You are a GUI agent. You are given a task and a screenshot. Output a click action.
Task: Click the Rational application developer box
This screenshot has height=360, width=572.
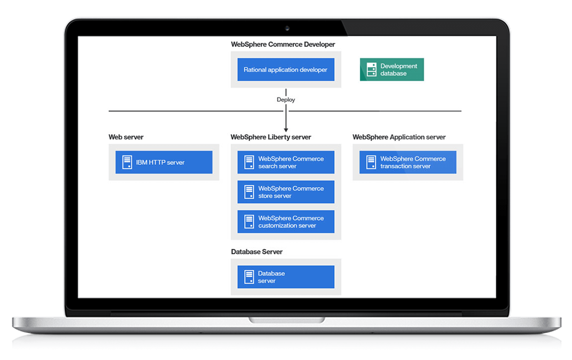pos(286,70)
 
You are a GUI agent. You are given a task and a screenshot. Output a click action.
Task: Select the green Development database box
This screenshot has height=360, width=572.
pos(392,70)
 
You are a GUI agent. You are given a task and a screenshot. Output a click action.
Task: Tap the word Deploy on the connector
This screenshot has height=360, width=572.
pos(286,99)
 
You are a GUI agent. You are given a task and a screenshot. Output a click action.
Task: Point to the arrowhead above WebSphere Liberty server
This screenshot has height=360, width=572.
pos(286,130)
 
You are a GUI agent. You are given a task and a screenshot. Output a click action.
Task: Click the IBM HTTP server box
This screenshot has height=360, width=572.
pos(164,162)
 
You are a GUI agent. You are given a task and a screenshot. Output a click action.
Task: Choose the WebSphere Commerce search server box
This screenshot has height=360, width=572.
pos(286,162)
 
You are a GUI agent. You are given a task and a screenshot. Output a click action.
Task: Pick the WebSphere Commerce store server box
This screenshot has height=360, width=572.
pos(286,192)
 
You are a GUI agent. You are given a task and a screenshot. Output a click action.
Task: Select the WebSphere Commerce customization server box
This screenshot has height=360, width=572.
pos(286,221)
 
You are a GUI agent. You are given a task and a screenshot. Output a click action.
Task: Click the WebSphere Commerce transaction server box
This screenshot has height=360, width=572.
pos(408,162)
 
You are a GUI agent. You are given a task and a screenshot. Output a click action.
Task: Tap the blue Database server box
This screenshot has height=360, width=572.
pos(286,277)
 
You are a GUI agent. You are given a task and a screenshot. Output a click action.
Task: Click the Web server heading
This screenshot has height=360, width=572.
pos(126,137)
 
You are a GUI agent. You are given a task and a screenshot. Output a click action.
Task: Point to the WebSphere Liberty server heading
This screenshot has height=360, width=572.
pos(271,137)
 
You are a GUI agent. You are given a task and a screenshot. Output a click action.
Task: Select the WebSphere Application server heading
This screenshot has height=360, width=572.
pos(399,137)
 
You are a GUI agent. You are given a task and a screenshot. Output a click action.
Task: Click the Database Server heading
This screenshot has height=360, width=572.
pos(257,252)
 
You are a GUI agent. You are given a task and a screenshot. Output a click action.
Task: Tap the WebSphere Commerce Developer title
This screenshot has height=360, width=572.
pos(283,44)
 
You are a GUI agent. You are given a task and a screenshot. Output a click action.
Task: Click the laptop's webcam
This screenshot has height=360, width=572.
pos(287,28)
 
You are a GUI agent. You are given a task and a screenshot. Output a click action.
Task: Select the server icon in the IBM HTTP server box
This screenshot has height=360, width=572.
pos(127,162)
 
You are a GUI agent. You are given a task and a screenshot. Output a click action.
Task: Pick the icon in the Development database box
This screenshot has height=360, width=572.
pos(372,70)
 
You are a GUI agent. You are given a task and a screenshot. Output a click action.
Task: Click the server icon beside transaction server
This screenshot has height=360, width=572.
pos(371,162)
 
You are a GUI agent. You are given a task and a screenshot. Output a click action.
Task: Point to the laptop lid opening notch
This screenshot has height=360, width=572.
pos(287,320)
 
